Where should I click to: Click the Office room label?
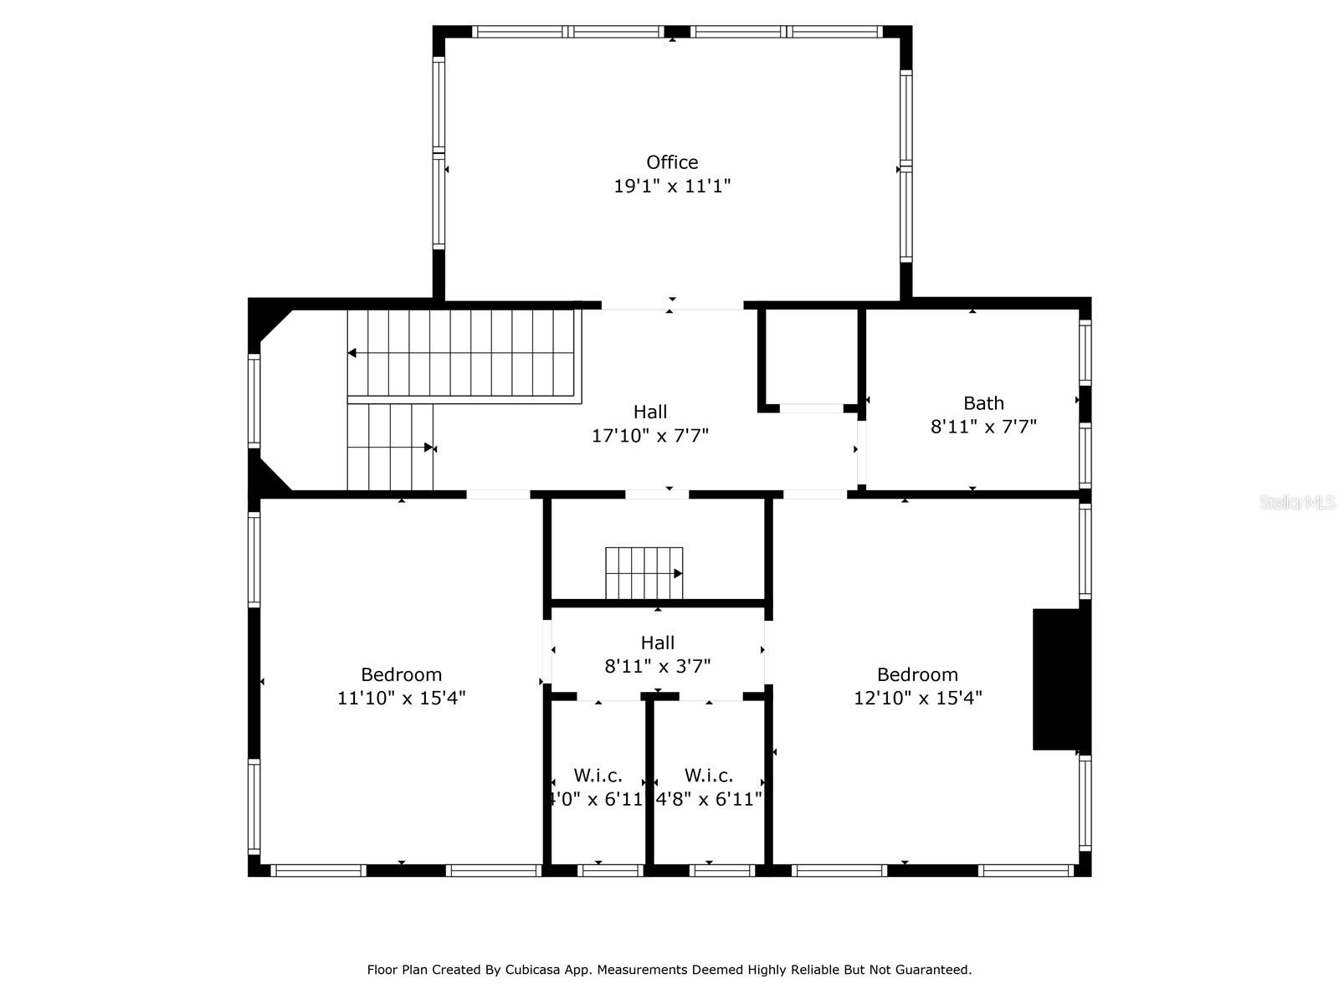[672, 162]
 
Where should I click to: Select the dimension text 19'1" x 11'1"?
[672, 186]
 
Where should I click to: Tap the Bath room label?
[983, 403]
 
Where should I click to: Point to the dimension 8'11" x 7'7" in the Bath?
[983, 427]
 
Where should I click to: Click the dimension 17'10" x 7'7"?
[650, 436]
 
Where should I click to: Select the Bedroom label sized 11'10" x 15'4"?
[401, 674]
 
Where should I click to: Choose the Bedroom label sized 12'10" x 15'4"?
[917, 674]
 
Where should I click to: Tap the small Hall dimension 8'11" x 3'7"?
[658, 667]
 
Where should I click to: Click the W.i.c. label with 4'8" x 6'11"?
[709, 776]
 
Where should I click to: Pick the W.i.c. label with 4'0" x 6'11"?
[598, 776]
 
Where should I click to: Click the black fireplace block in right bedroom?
[1058, 679]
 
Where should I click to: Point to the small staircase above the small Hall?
[644, 574]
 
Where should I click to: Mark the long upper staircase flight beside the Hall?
[464, 353]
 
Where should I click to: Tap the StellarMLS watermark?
[1296, 503]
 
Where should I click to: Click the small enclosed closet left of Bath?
[809, 357]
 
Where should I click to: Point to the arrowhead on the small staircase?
[678, 574]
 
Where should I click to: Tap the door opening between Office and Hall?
[672, 305]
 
